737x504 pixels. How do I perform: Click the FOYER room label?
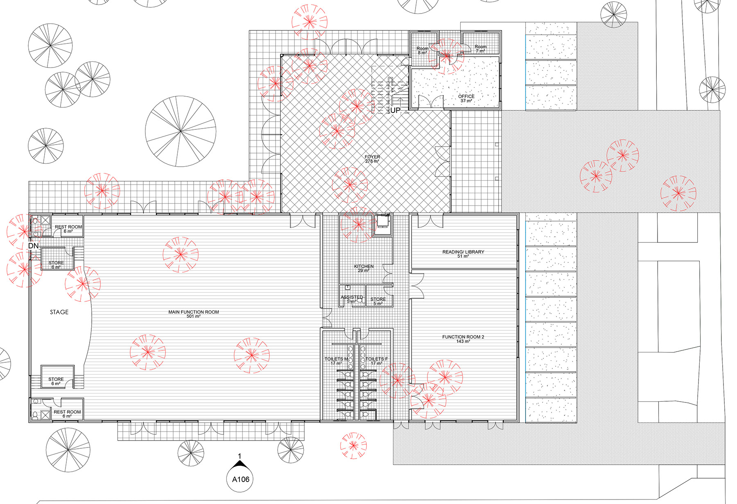click(x=372, y=159)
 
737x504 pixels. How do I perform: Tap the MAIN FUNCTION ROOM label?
click(x=194, y=314)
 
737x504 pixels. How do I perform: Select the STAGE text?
click(x=59, y=312)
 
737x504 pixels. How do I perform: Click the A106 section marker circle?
click(x=240, y=479)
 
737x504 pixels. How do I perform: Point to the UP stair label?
click(x=395, y=110)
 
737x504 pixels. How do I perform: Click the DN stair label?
click(x=33, y=246)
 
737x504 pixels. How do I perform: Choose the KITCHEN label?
click(x=364, y=268)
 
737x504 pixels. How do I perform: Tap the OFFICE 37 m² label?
click(x=466, y=98)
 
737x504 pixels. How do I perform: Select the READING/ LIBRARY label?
click(x=463, y=254)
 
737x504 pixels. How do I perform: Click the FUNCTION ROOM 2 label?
click(x=463, y=339)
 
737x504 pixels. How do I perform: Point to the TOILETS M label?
click(x=336, y=361)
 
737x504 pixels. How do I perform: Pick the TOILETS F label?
click(x=376, y=361)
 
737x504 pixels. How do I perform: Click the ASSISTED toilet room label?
click(x=352, y=299)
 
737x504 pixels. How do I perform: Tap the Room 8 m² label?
click(x=423, y=50)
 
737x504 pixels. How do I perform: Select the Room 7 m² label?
click(x=481, y=49)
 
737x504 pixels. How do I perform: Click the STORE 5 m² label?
click(x=378, y=301)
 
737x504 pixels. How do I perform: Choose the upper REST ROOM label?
click(x=68, y=229)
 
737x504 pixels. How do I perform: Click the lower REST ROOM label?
click(x=67, y=414)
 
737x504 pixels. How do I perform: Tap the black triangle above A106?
click(x=240, y=464)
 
